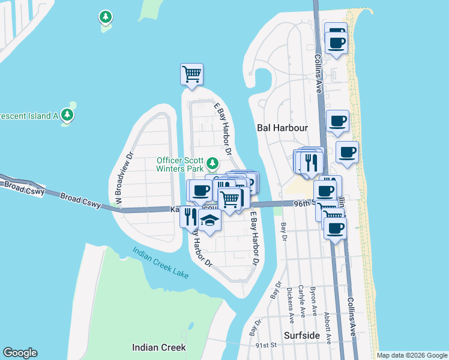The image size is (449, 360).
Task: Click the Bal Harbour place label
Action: click(282, 128)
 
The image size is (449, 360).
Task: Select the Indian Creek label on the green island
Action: click(159, 347)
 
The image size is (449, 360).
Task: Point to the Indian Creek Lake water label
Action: click(160, 263)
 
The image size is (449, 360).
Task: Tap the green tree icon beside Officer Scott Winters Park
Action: click(212, 163)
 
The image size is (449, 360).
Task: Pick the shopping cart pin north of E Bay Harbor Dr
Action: click(191, 74)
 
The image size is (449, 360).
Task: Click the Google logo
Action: click(20, 353)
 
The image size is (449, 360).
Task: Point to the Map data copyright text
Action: click(412, 355)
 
